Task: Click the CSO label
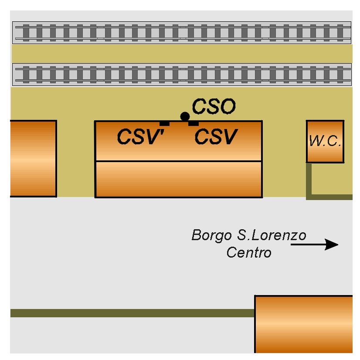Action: (x=214, y=106)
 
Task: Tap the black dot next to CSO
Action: (x=185, y=117)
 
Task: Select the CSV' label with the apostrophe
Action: (x=140, y=136)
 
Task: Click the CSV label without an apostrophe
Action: (x=216, y=136)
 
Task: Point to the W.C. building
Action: (x=325, y=141)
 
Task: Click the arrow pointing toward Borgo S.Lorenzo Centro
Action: (x=314, y=245)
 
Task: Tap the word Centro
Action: (x=249, y=252)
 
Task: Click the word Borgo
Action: (x=212, y=236)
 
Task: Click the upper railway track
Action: (x=182, y=33)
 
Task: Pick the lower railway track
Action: (x=182, y=75)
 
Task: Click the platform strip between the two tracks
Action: (x=182, y=54)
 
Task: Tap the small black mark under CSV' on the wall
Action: (x=164, y=124)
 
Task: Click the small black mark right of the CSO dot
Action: (x=194, y=124)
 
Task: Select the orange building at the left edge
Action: (x=33, y=158)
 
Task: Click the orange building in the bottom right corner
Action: (x=303, y=324)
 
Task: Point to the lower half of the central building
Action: (x=179, y=179)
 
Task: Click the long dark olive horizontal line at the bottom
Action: (x=132, y=313)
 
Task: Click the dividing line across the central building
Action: (x=179, y=161)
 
